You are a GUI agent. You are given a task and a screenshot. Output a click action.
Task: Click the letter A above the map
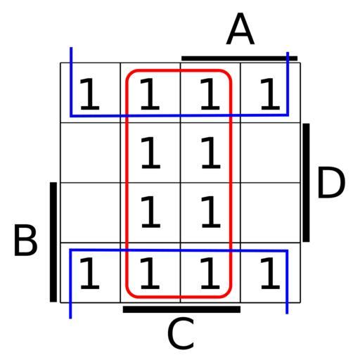(x=240, y=29)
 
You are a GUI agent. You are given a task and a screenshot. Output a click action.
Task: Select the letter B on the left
(x=25, y=240)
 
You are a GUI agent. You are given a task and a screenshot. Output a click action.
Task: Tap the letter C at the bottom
(x=181, y=333)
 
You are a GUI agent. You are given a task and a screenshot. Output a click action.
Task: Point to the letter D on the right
(x=331, y=182)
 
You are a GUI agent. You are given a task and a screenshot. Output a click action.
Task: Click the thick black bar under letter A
(x=240, y=58)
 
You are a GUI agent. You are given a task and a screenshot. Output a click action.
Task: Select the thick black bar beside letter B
(x=53, y=242)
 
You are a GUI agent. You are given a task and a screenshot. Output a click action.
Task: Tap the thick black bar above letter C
(x=181, y=309)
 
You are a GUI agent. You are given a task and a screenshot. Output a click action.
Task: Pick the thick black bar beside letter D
(x=306, y=183)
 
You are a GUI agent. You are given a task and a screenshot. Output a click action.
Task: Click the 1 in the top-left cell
(x=90, y=94)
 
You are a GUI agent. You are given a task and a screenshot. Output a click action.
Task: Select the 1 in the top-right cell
(x=270, y=94)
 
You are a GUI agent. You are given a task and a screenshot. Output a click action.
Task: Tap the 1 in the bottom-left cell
(x=90, y=273)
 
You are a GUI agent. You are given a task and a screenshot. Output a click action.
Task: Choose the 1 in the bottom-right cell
(x=270, y=273)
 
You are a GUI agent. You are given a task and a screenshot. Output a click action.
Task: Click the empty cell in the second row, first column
(x=91, y=153)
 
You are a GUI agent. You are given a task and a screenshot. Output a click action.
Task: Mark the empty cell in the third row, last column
(x=271, y=212)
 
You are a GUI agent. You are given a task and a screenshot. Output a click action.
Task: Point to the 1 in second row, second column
(x=150, y=153)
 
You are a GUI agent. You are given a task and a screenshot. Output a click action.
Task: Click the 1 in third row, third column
(x=211, y=212)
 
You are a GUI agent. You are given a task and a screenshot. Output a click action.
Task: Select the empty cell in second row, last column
(x=271, y=153)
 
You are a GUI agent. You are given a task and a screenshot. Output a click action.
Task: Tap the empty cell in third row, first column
(x=91, y=212)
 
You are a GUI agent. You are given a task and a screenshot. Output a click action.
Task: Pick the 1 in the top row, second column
(x=150, y=94)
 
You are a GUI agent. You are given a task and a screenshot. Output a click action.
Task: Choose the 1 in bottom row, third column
(x=210, y=273)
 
